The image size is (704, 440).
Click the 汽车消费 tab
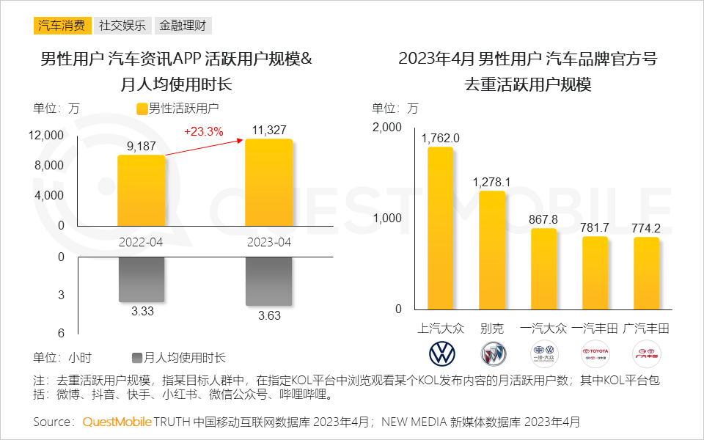pos(62,26)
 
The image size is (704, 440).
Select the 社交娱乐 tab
pos(122,26)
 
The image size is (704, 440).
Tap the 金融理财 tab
pos(183,26)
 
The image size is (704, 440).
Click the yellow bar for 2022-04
pos(142,191)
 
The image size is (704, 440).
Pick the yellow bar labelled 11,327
pos(268,183)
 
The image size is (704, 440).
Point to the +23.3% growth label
pos(203,131)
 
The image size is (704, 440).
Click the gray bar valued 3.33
pos(142,279)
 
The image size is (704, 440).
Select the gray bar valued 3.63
pos(268,282)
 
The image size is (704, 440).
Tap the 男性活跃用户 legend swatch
pos(142,109)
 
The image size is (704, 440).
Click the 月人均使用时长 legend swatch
pos(136,358)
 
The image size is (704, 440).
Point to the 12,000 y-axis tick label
pos(47,135)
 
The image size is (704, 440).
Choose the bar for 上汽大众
pos(440,228)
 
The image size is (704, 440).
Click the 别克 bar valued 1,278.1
pos(492,250)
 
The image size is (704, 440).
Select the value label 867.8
pos(543,219)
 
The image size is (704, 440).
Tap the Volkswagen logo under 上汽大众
pos(441,354)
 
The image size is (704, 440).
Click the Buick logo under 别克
pos(493,354)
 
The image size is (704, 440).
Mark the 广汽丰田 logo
pos(646,354)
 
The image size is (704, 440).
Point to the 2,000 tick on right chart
pos(387,128)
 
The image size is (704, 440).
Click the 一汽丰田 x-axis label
pos(595,328)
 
